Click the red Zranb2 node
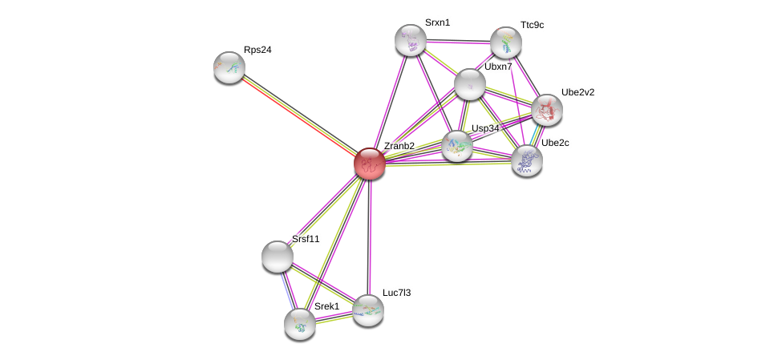click(370, 164)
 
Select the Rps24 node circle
click(229, 67)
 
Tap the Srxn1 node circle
click(411, 40)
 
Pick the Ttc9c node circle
click(506, 42)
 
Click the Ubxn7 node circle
click(469, 83)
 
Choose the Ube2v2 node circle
click(547, 110)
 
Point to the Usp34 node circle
click(457, 146)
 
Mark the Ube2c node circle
click(527, 160)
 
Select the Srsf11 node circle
click(278, 256)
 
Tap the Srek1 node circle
click(300, 323)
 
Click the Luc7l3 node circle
click(368, 309)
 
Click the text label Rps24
click(257, 50)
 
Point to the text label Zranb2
click(399, 146)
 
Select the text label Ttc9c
click(532, 26)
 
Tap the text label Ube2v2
click(577, 92)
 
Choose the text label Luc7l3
click(396, 293)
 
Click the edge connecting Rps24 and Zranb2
click(299, 115)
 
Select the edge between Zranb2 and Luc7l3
click(369, 237)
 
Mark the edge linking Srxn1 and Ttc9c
click(458, 41)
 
